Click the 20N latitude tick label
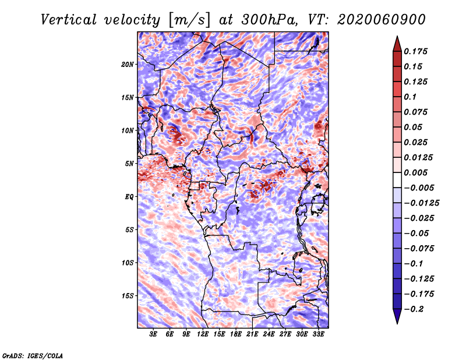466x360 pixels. coord(128,65)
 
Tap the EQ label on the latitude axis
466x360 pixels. coord(129,197)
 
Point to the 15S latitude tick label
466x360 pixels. coord(128,296)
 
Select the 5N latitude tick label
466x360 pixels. coord(129,164)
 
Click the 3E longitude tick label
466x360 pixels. coord(153,334)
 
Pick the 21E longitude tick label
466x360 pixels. coord(252,334)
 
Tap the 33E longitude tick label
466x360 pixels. coord(318,334)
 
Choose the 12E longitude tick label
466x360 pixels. coord(202,334)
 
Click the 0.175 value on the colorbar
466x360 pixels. coord(415,52)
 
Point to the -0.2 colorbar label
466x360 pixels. coord(414,309)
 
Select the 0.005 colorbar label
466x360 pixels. coord(415,173)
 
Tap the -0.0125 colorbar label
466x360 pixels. coord(421,203)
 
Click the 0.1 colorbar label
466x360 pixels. coord(410,97)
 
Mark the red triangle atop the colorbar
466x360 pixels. coord(397,44)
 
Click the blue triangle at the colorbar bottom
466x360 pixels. coord(397,316)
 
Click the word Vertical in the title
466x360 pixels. coord(69,20)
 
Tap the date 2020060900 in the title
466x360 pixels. coord(382,20)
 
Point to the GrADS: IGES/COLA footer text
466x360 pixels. coord(33,356)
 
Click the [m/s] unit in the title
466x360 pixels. coord(189,20)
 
